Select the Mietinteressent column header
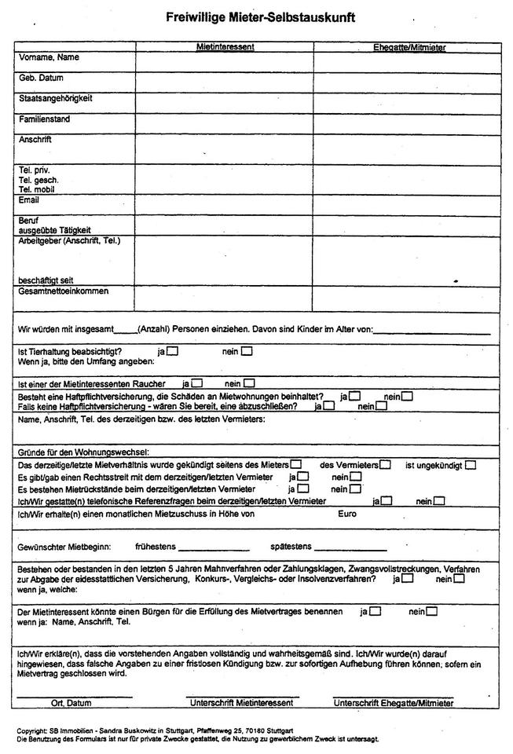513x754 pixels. [225, 47]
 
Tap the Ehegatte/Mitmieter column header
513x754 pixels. [409, 47]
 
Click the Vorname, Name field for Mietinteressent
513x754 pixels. [225, 61]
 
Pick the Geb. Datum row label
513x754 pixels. [41, 79]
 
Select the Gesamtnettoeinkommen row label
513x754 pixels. [64, 291]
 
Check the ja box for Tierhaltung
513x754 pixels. [173, 351]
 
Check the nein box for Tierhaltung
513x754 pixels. [247, 351]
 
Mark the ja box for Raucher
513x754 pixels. [197, 383]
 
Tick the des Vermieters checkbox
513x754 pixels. [385, 464]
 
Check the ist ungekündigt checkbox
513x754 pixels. [470, 464]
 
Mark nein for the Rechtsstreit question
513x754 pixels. [356, 476]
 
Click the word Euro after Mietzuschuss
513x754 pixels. [347, 514]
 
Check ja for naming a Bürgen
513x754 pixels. [376, 610]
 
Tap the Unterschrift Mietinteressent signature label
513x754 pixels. [240, 702]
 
